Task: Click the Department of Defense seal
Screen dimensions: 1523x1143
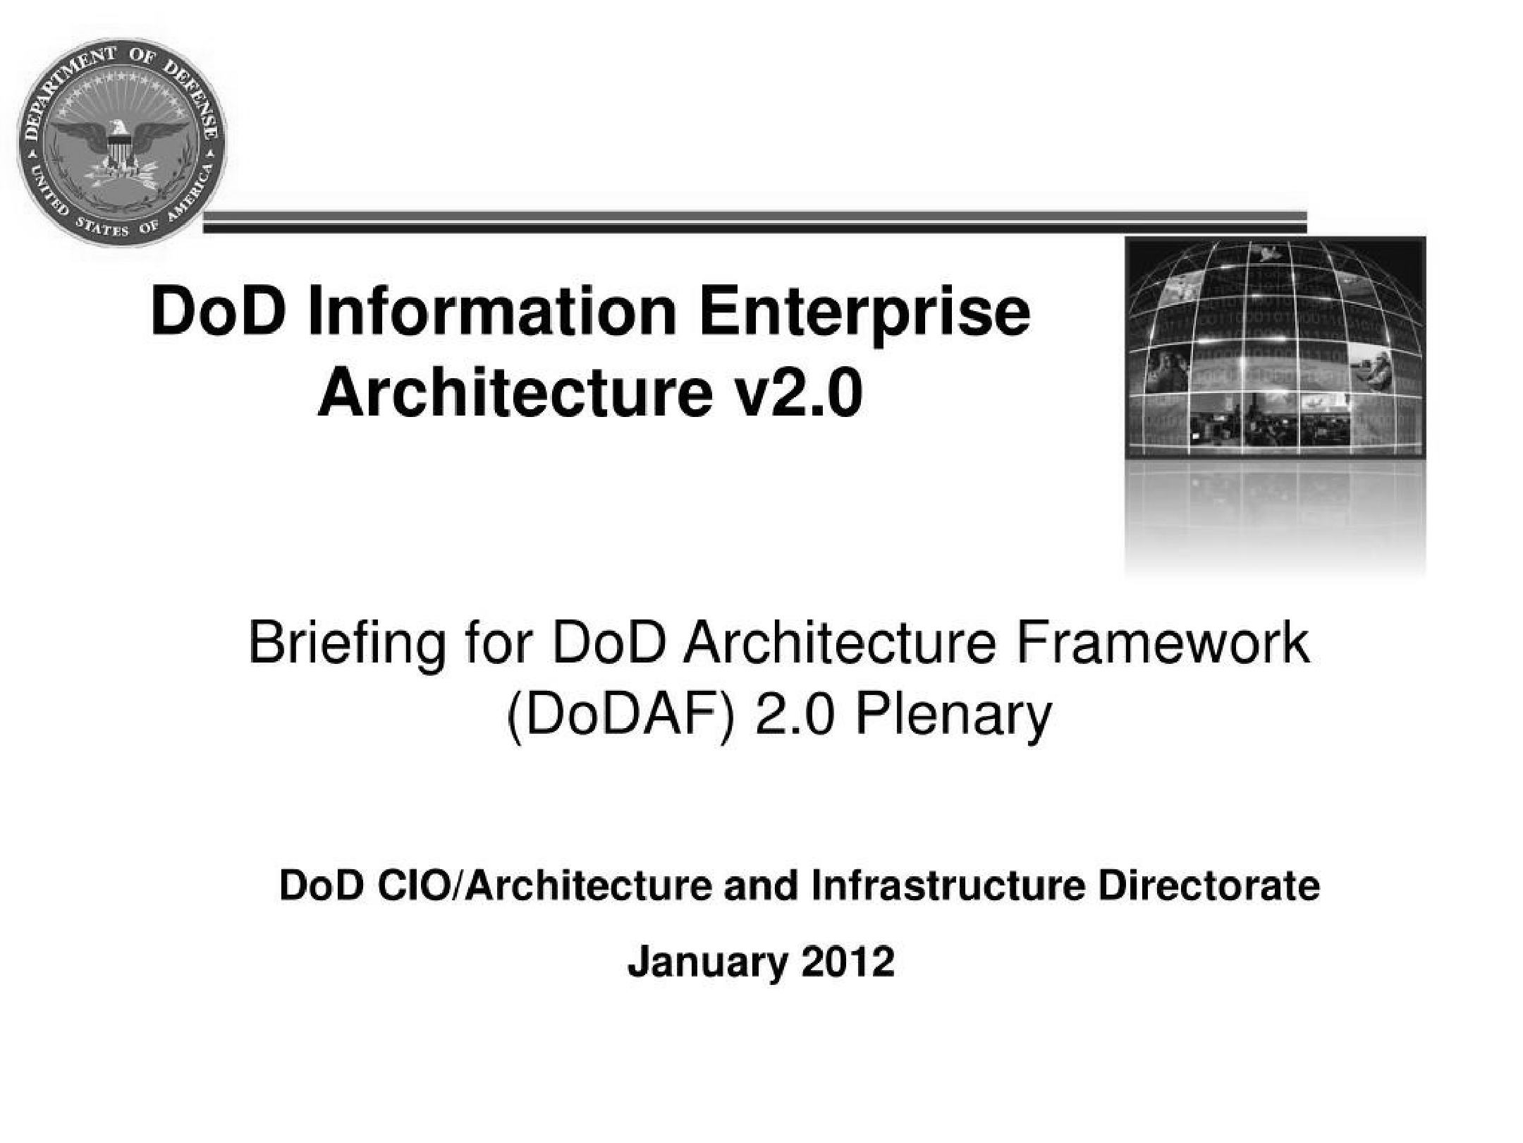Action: [122, 142]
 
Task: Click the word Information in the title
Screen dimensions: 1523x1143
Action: [492, 311]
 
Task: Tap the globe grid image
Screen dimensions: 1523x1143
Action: [1275, 348]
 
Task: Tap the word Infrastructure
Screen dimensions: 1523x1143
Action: [948, 885]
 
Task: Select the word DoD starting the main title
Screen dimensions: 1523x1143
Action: [219, 311]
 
